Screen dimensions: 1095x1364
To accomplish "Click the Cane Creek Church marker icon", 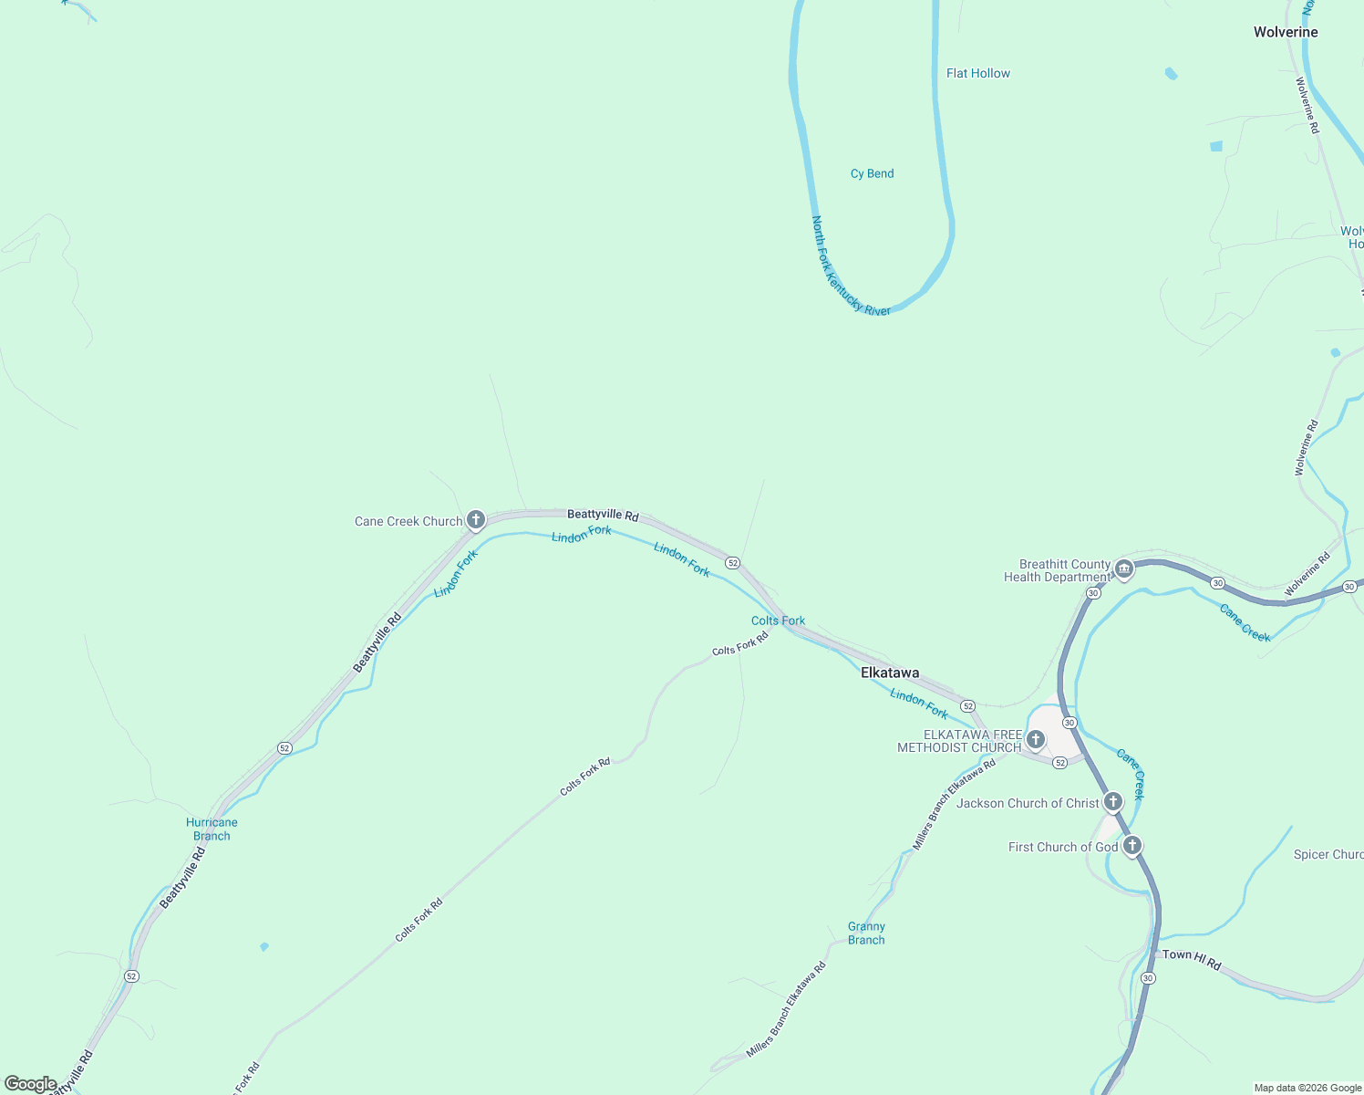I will point(475,520).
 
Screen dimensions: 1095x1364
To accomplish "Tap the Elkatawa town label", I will point(889,673).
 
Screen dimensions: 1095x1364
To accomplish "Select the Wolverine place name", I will point(1285,32).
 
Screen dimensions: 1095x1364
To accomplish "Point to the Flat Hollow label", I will point(977,73).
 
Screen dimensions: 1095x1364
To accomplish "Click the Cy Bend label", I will point(872,173).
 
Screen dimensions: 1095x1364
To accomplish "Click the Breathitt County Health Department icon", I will point(1124,569).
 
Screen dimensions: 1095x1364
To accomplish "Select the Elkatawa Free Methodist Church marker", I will point(1035,739).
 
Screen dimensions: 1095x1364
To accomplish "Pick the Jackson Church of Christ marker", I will point(1112,802).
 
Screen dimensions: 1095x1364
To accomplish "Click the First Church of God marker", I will point(1131,846).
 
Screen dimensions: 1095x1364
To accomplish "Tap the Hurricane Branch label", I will point(212,829).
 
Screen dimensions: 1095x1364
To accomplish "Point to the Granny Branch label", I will point(866,933).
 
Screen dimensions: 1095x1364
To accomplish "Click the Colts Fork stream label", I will point(778,620).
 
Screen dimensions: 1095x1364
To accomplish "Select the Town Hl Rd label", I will point(1191,959).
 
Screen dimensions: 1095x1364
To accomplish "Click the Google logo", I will point(30,1084).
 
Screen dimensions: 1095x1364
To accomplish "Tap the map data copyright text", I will point(1307,1088).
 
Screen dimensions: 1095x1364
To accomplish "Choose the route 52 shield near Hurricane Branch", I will point(284,748).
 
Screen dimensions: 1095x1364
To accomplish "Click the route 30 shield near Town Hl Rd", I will point(1147,977).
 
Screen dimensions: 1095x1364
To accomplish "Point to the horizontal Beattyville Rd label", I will point(603,515).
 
